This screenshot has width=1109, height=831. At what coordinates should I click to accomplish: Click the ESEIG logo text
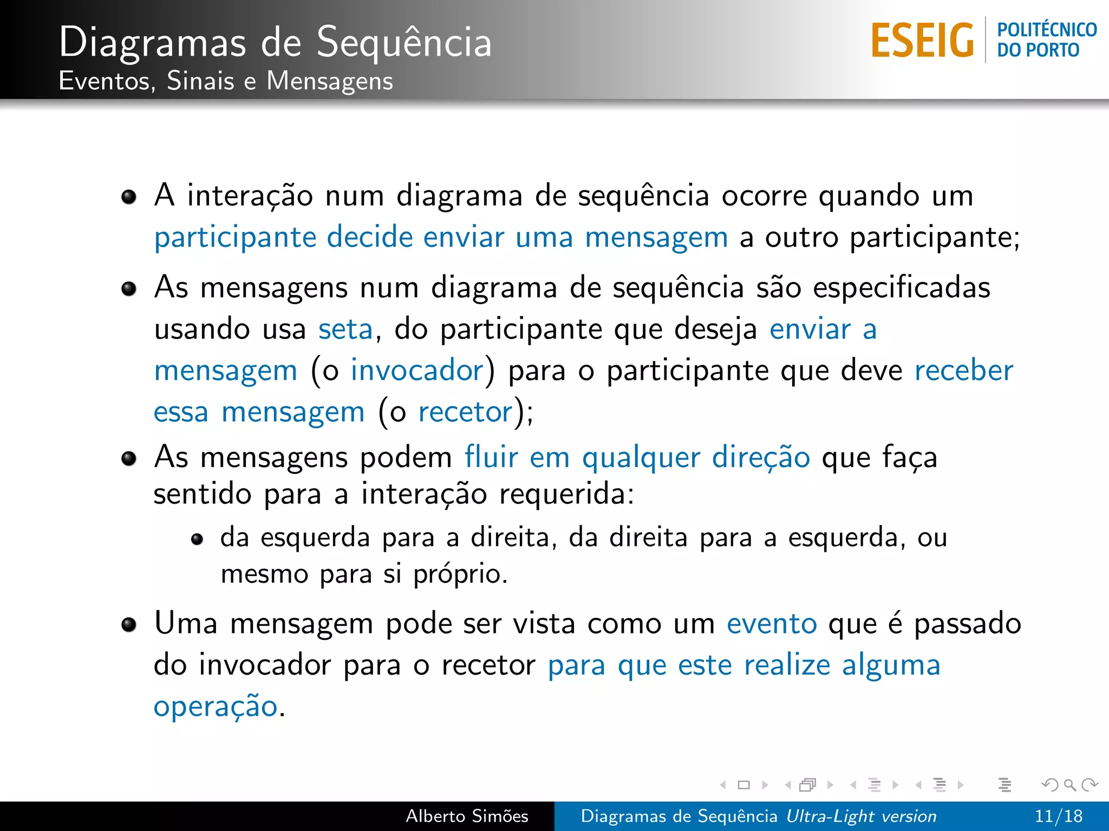click(922, 41)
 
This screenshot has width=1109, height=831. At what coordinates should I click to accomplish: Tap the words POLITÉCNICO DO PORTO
click(1046, 40)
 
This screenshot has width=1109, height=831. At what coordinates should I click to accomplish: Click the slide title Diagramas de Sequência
click(275, 42)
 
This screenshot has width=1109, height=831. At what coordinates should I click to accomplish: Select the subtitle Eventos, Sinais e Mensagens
click(226, 81)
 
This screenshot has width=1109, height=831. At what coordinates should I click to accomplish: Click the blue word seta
click(345, 329)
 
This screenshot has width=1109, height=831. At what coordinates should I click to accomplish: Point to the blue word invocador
click(417, 371)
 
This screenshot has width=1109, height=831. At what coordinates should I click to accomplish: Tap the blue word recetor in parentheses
click(465, 412)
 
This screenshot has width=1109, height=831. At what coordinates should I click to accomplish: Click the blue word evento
click(771, 624)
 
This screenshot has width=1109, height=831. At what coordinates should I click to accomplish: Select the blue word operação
click(215, 707)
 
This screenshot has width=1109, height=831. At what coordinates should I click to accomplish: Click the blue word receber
click(963, 371)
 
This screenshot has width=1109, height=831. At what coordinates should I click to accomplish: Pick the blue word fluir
click(491, 457)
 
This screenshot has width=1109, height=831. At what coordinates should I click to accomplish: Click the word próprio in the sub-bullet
click(460, 575)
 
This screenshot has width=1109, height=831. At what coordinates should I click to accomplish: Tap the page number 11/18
click(1058, 816)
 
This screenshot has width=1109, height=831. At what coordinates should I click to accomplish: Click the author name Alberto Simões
click(467, 816)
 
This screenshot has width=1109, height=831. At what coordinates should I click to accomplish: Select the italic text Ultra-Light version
click(861, 816)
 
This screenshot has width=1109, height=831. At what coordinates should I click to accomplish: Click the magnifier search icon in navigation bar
click(1070, 784)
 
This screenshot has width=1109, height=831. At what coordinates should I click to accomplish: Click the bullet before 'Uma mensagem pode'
click(129, 625)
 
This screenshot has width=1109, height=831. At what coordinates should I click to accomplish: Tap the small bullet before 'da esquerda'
click(197, 539)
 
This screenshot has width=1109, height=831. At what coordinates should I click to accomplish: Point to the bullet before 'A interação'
click(129, 197)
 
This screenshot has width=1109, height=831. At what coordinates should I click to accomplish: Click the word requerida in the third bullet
click(565, 494)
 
